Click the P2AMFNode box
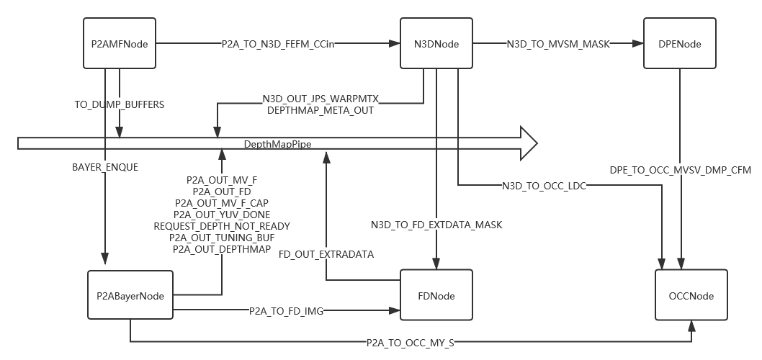[120, 44]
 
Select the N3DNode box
[436, 44]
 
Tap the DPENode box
[679, 44]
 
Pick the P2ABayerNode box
[130, 296]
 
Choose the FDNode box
[436, 296]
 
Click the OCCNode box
[691, 296]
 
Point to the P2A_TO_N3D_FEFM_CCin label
[278, 44]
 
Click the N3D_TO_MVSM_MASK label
[558, 44]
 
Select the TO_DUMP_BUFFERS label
[120, 104]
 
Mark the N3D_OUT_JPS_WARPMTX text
[321, 99]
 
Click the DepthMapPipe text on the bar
[277, 145]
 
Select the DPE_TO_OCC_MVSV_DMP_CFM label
[681, 170]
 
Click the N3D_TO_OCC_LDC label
[544, 186]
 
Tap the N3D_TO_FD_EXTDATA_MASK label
[436, 225]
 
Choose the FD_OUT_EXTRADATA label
[326, 254]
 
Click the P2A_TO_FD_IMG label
[286, 311]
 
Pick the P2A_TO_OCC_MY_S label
[411, 343]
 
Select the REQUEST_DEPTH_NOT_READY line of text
[222, 226]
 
